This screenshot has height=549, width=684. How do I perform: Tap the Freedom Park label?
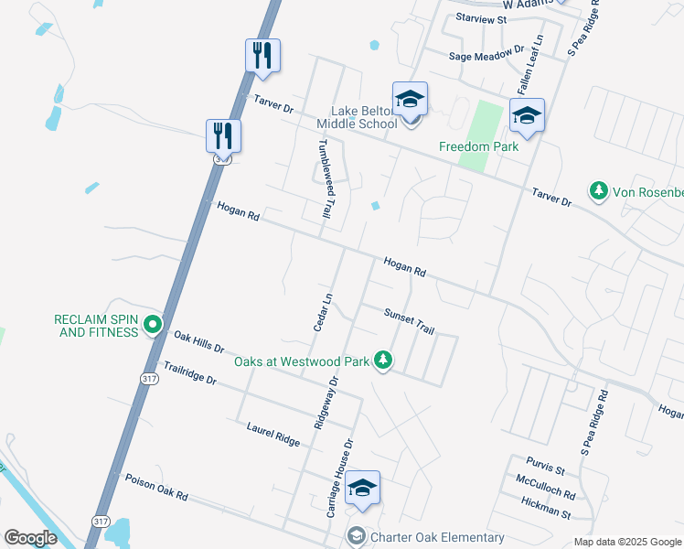[478, 146]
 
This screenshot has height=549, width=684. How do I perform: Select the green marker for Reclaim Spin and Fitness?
[153, 324]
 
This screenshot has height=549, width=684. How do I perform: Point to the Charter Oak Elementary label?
[437, 537]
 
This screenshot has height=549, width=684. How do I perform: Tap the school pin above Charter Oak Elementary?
[363, 490]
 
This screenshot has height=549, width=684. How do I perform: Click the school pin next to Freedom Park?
[527, 116]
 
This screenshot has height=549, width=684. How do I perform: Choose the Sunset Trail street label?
[409, 319]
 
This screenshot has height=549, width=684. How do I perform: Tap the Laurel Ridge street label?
[273, 434]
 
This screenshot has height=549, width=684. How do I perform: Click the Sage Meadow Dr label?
[486, 56]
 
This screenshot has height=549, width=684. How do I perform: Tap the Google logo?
[30, 538]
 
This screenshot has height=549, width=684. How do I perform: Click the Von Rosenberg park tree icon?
[599, 190]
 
